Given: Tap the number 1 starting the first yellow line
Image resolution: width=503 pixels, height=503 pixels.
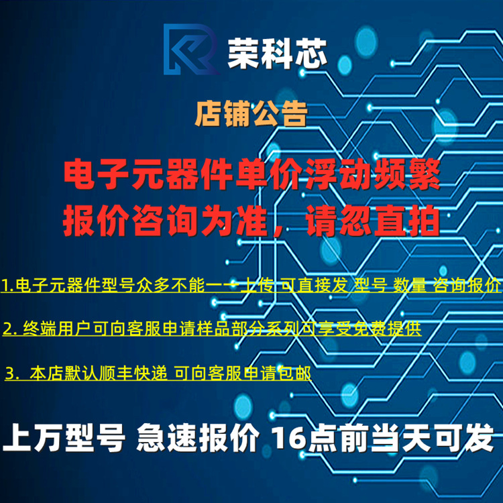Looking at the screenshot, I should pos(6,285).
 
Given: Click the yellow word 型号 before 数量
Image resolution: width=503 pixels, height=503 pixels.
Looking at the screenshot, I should pos(370,285).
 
